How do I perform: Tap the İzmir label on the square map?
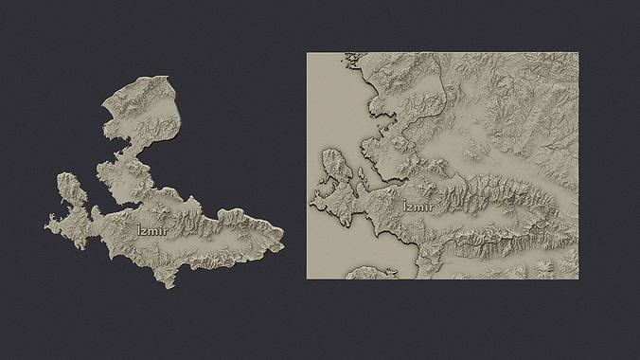click(x=418, y=207)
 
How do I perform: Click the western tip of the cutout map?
click(x=46, y=226)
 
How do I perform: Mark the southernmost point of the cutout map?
click(x=169, y=287)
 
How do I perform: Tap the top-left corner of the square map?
click(x=307, y=53)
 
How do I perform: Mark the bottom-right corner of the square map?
click(x=578, y=279)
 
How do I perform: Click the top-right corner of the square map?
click(x=578, y=53)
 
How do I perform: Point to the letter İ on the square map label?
click(x=405, y=207)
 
